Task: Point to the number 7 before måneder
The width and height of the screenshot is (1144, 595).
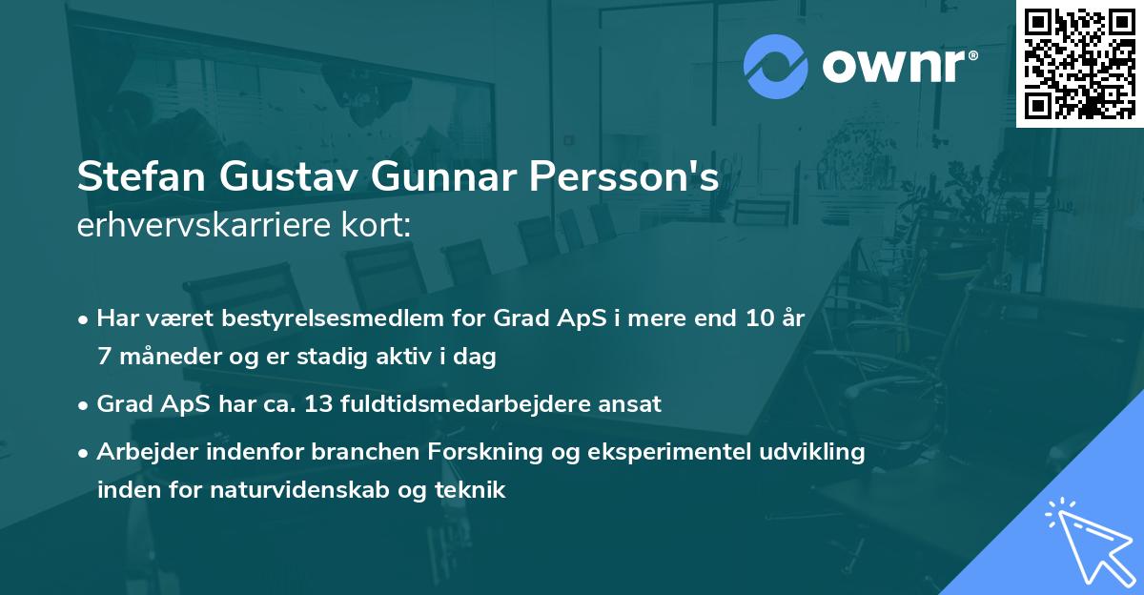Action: tap(104, 358)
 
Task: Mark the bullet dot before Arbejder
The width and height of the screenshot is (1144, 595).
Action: tap(84, 453)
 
